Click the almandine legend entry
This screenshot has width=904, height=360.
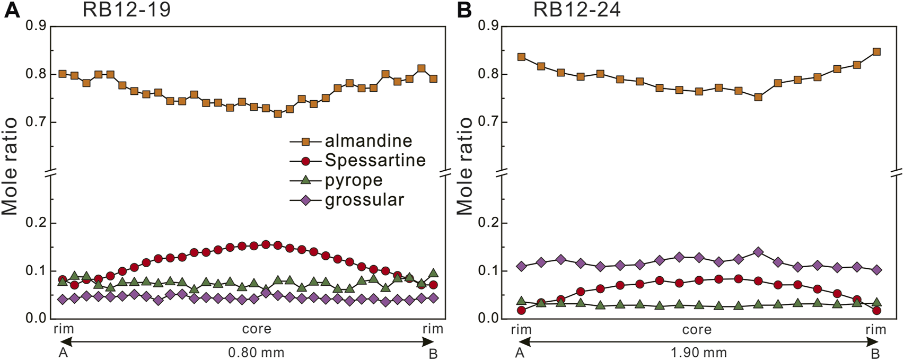(368, 141)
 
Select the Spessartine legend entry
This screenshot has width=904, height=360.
(375, 161)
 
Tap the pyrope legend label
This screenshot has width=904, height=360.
(353, 180)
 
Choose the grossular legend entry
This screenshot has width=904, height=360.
(364, 200)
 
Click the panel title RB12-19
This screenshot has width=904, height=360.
(127, 10)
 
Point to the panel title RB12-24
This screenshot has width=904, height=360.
(577, 10)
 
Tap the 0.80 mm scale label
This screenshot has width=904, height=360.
(256, 353)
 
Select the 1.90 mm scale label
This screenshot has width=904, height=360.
(699, 353)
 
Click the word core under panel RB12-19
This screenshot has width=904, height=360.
(257, 329)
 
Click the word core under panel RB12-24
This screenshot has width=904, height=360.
(697, 330)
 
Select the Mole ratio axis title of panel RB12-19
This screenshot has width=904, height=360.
(11, 166)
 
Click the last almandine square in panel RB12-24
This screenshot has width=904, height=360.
(876, 52)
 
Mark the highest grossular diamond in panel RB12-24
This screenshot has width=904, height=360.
(758, 252)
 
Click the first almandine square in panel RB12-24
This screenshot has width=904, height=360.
(521, 57)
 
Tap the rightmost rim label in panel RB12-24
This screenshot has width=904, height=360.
(875, 330)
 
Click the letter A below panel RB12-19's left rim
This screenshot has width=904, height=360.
(63, 353)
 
